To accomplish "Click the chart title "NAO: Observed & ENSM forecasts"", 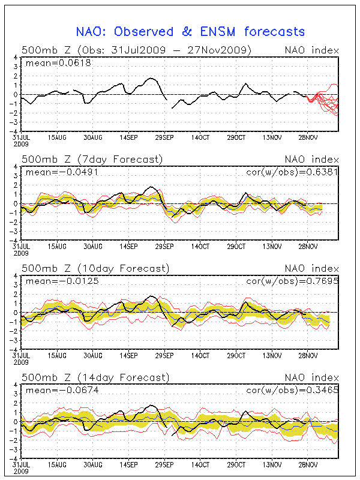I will pos(190,32).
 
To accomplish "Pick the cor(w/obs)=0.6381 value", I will pos(292,172).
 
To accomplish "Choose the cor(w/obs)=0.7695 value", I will pos(292,281).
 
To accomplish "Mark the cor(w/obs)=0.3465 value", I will pos(292,390).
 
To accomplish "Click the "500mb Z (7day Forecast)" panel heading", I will pos(92,159).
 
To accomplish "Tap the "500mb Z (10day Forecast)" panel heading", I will pos(95,268).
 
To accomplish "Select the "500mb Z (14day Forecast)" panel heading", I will pos(95,377).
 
